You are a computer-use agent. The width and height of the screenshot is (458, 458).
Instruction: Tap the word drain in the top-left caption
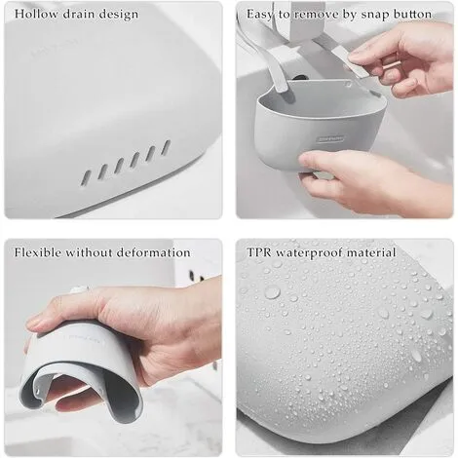pos(78,14)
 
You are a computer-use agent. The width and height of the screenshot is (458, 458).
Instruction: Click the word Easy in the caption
pos(260,15)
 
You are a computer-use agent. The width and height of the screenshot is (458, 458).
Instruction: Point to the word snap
pos(373,15)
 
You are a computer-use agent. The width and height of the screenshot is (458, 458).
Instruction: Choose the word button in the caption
pos(412,14)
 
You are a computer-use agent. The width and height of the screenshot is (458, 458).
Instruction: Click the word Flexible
pos(38,252)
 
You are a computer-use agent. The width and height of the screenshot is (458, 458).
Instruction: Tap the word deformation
pos(153,252)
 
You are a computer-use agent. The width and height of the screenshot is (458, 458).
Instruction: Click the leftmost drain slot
pos(86,178)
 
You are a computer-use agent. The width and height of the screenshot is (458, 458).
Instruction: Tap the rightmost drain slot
pos(166,147)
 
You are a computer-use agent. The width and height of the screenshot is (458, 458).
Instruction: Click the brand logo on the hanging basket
pos(330,139)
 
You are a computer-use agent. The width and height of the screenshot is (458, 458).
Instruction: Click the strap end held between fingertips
pos(358,66)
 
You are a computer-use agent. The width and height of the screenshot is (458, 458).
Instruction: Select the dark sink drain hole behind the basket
pos(299,78)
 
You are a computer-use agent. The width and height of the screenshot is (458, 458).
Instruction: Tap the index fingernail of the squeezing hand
pos(33,324)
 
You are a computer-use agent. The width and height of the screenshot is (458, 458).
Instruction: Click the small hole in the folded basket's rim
pos(37,393)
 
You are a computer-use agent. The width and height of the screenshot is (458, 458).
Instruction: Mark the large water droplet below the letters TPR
pos(272,291)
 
